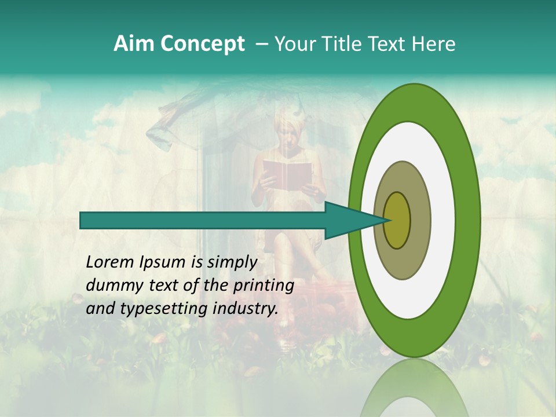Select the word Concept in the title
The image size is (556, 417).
[202, 44]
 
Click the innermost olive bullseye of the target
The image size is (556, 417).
[397, 220]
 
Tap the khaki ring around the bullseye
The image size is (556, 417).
[420, 220]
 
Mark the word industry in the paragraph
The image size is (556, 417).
[246, 309]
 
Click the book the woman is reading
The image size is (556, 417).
[288, 173]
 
